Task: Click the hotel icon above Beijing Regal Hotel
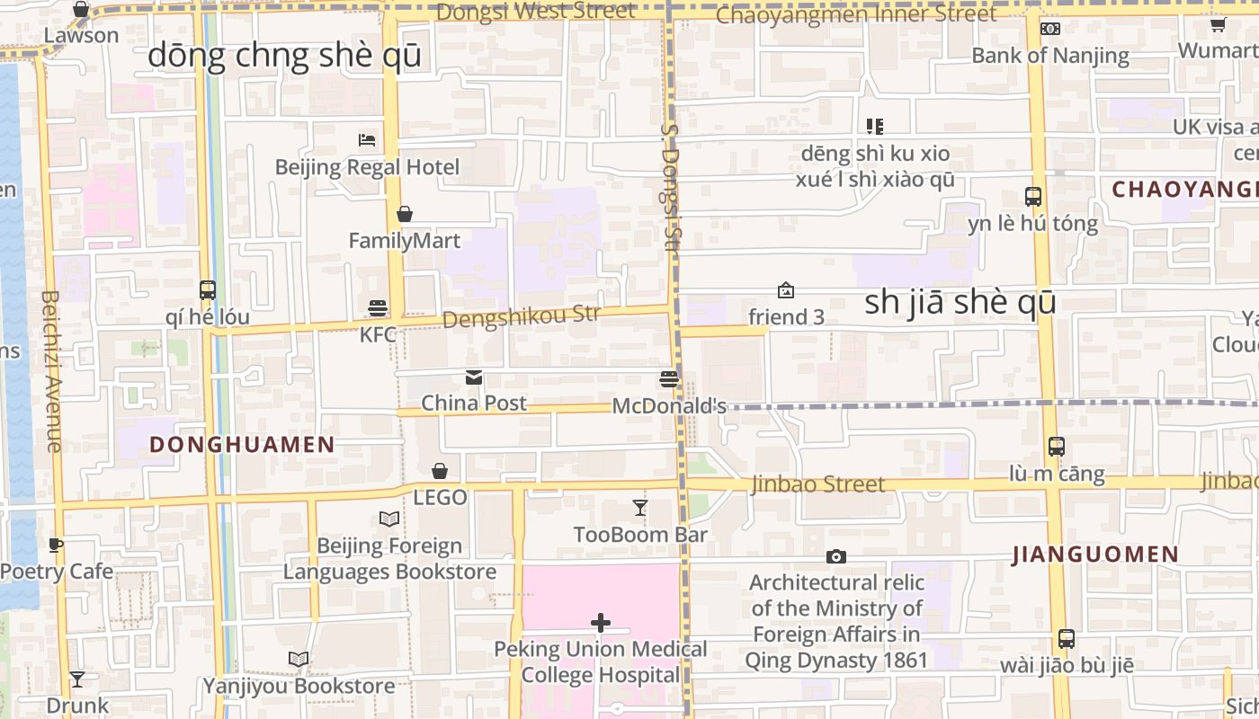(x=367, y=140)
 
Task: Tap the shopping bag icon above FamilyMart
(x=405, y=214)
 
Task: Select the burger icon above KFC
(x=378, y=308)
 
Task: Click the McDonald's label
(x=669, y=406)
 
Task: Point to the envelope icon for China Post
(x=474, y=377)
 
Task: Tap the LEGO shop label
(x=440, y=497)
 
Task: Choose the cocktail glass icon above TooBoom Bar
(x=640, y=509)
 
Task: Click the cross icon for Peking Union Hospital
(x=601, y=623)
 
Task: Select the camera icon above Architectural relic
(x=836, y=557)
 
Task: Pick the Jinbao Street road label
(x=818, y=484)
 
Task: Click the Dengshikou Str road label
(x=521, y=316)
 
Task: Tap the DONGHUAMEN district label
(x=242, y=444)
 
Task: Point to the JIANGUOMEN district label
(x=1095, y=555)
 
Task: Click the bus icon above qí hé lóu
(x=208, y=290)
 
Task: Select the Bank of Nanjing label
(x=1050, y=55)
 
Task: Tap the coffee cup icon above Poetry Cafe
(x=56, y=545)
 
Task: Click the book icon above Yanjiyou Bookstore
(x=299, y=660)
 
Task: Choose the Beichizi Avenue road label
(x=51, y=370)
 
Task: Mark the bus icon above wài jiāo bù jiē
(x=1067, y=639)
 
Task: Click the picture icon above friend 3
(x=786, y=290)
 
